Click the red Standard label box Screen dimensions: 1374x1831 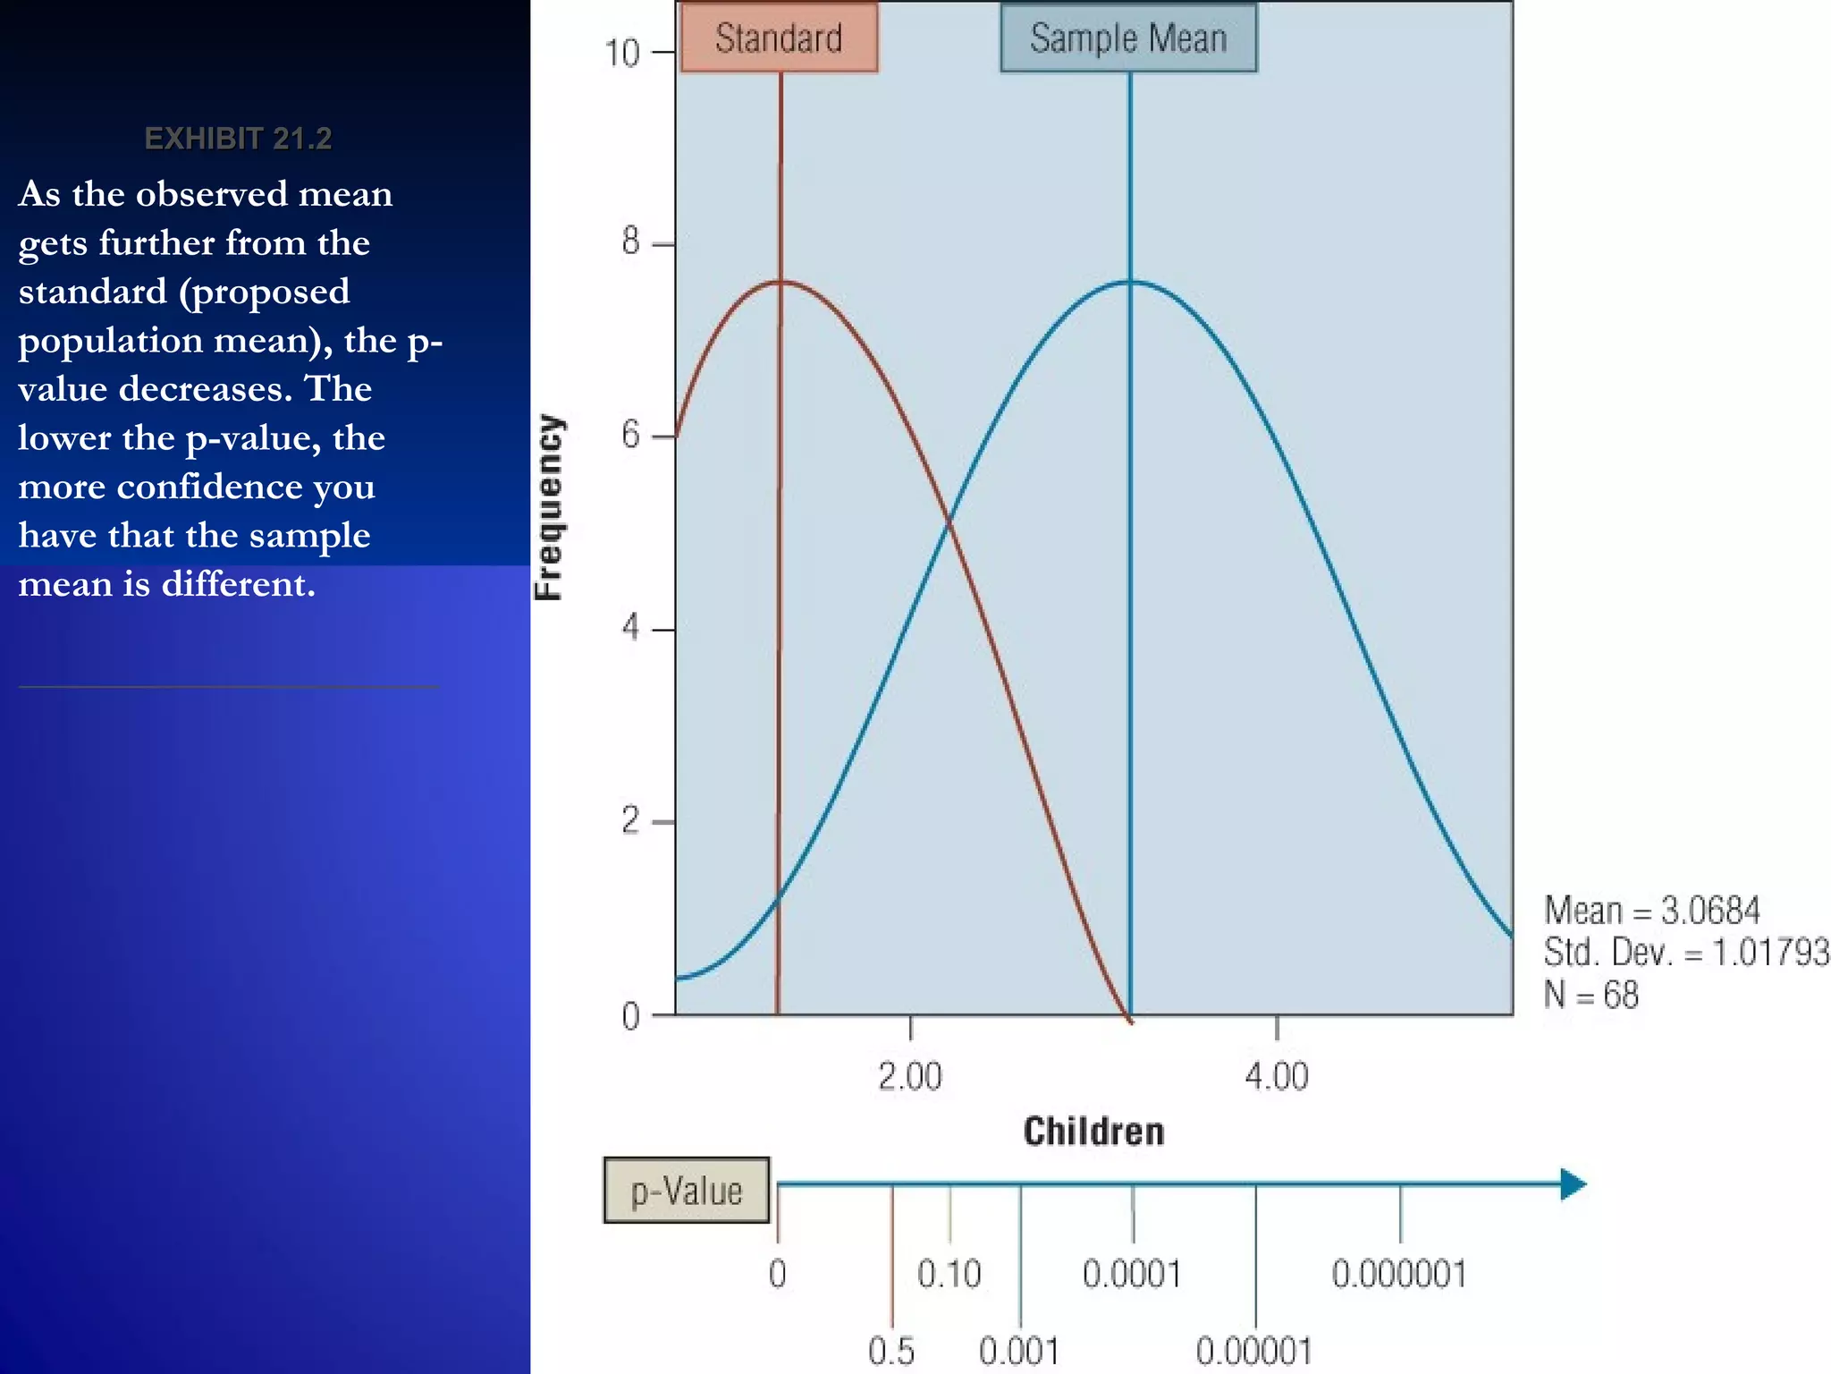tap(779, 38)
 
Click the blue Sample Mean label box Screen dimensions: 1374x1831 tap(1128, 38)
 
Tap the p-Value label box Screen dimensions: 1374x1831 tap(687, 1191)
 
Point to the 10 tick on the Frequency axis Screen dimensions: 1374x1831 tap(623, 53)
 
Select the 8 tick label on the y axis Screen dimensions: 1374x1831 tap(631, 242)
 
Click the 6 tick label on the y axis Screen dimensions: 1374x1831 tap(631, 436)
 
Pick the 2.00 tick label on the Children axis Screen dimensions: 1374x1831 tap(910, 1076)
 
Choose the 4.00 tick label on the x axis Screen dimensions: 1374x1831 tap(1277, 1076)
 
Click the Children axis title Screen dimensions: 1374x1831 tap(1093, 1132)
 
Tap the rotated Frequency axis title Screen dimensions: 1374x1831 tap(549, 507)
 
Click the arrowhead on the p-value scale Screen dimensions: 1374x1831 tap(1573, 1184)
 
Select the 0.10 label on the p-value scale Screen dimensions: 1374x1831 tap(949, 1274)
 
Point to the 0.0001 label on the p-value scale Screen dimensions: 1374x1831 tap(1132, 1274)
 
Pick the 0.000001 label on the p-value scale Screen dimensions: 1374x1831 tap(1399, 1274)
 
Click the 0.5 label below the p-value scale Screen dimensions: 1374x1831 tap(891, 1351)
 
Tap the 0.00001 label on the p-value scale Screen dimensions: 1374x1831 tap(1254, 1351)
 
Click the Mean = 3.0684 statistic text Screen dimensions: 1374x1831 tap(1652, 911)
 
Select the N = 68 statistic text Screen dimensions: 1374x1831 tap(1591, 995)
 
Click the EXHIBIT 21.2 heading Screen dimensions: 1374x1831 tap(238, 139)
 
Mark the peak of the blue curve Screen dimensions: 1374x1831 tap(1130, 282)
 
